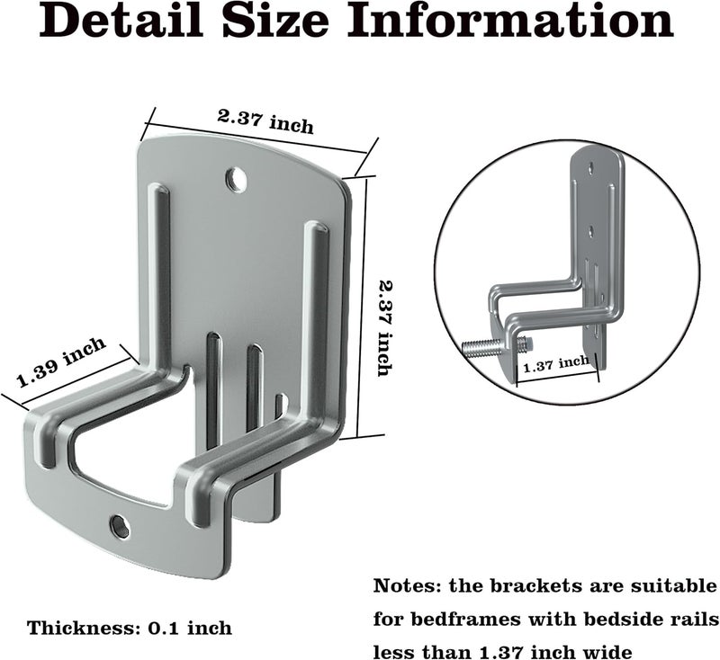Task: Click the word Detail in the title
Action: tap(121, 21)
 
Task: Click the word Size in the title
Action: tap(275, 21)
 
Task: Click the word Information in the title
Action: tap(510, 21)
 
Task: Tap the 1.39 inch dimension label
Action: tap(60, 361)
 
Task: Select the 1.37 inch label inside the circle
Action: tap(556, 364)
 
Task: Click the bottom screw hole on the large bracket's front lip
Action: tap(120, 526)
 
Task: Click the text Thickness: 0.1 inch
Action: tap(130, 628)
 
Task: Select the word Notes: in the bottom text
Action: tap(408, 586)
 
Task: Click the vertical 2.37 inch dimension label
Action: tap(385, 328)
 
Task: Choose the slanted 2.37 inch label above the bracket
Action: tap(265, 121)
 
